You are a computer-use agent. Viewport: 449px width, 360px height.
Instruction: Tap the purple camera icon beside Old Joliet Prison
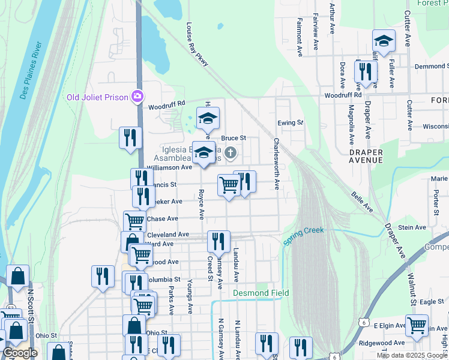point(138,96)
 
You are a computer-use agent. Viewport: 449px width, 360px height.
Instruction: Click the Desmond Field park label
point(261,293)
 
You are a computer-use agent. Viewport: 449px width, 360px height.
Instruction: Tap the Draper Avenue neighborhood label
point(366,157)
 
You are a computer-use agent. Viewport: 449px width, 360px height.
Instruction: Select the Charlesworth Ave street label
point(277,164)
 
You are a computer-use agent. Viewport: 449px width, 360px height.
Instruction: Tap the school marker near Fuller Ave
point(384,41)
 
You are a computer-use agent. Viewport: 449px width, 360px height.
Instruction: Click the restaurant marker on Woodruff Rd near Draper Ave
point(366,71)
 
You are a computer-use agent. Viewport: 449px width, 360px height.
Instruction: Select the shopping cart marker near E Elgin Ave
point(417,326)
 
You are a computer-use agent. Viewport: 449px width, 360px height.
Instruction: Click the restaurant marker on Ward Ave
point(218,241)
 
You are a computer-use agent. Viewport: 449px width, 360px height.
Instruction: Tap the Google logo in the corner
point(20,353)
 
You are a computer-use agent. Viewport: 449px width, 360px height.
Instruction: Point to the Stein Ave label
point(412,227)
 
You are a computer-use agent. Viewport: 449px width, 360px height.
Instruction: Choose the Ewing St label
point(291,123)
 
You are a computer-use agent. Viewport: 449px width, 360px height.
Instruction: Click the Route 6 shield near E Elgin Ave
point(364,322)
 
